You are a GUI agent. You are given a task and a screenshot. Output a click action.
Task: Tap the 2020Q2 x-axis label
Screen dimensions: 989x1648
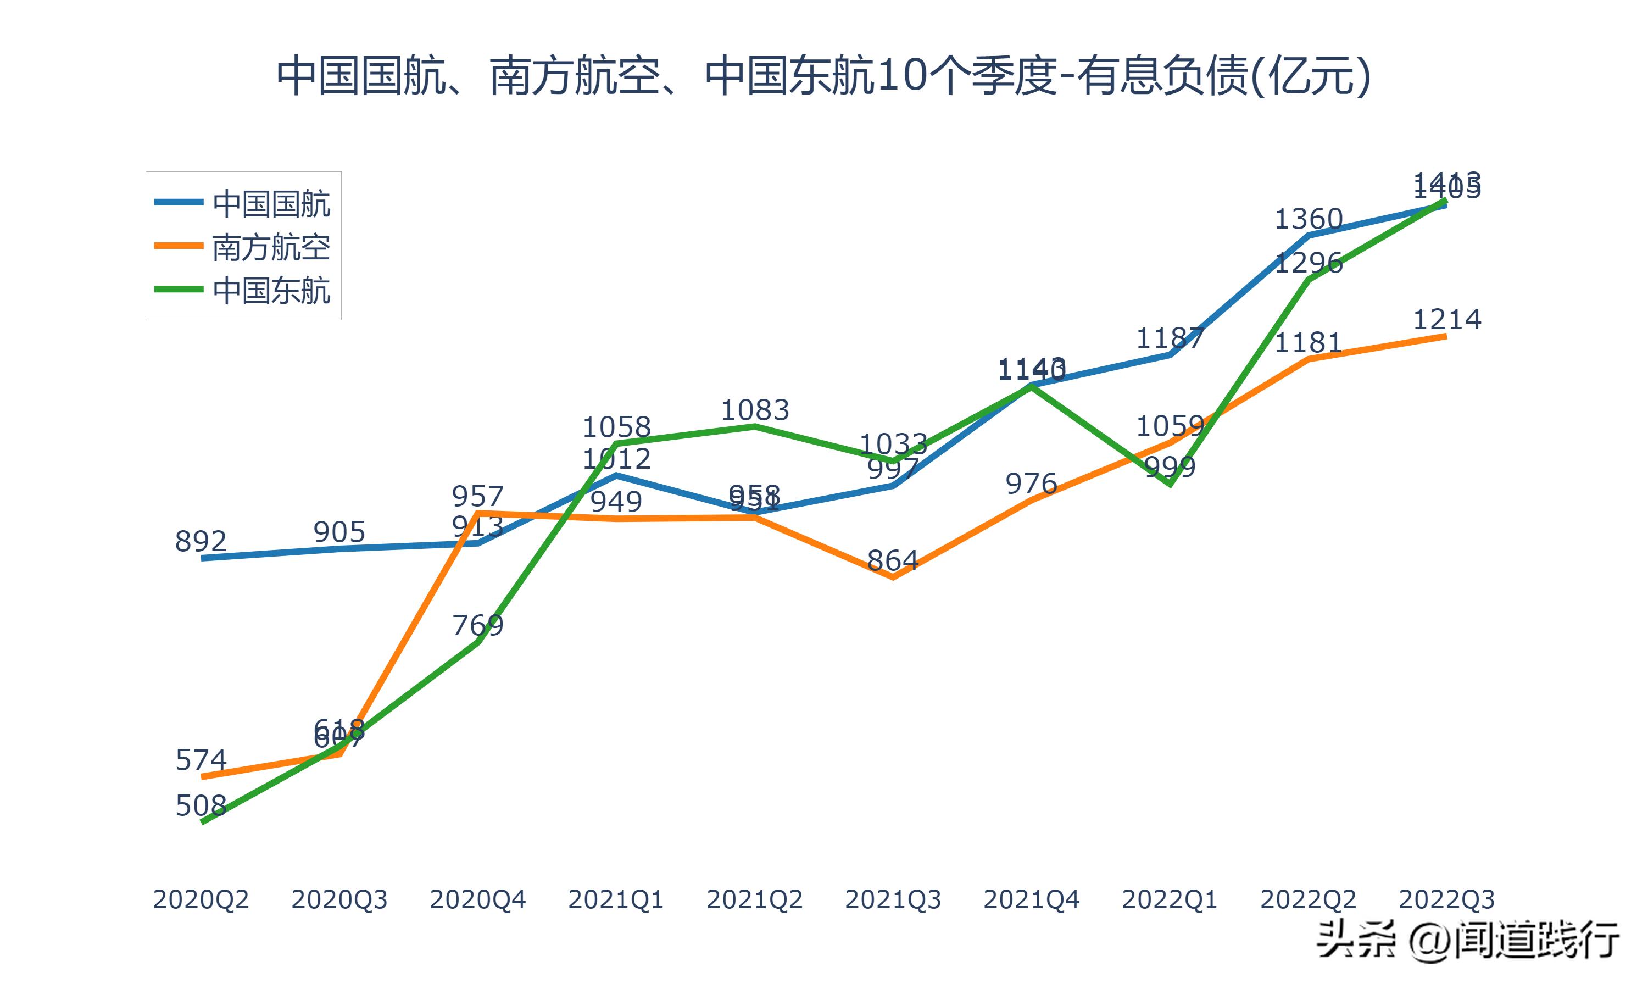[x=201, y=899]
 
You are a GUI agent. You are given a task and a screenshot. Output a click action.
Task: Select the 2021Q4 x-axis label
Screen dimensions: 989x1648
[x=1031, y=899]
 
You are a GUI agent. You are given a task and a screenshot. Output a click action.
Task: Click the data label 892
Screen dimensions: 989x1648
[x=201, y=541]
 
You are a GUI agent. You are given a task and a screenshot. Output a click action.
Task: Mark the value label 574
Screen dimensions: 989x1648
[x=201, y=760]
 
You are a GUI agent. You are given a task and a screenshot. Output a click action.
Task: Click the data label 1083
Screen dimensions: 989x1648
[x=755, y=410]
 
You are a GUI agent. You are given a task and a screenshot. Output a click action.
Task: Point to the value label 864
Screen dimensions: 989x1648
[x=893, y=560]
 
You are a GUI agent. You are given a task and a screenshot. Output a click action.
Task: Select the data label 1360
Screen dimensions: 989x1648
[x=1309, y=219]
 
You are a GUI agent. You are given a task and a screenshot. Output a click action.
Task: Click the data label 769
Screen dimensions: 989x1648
[x=477, y=625]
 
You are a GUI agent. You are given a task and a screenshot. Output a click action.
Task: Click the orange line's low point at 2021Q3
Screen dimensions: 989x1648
[x=893, y=577]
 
